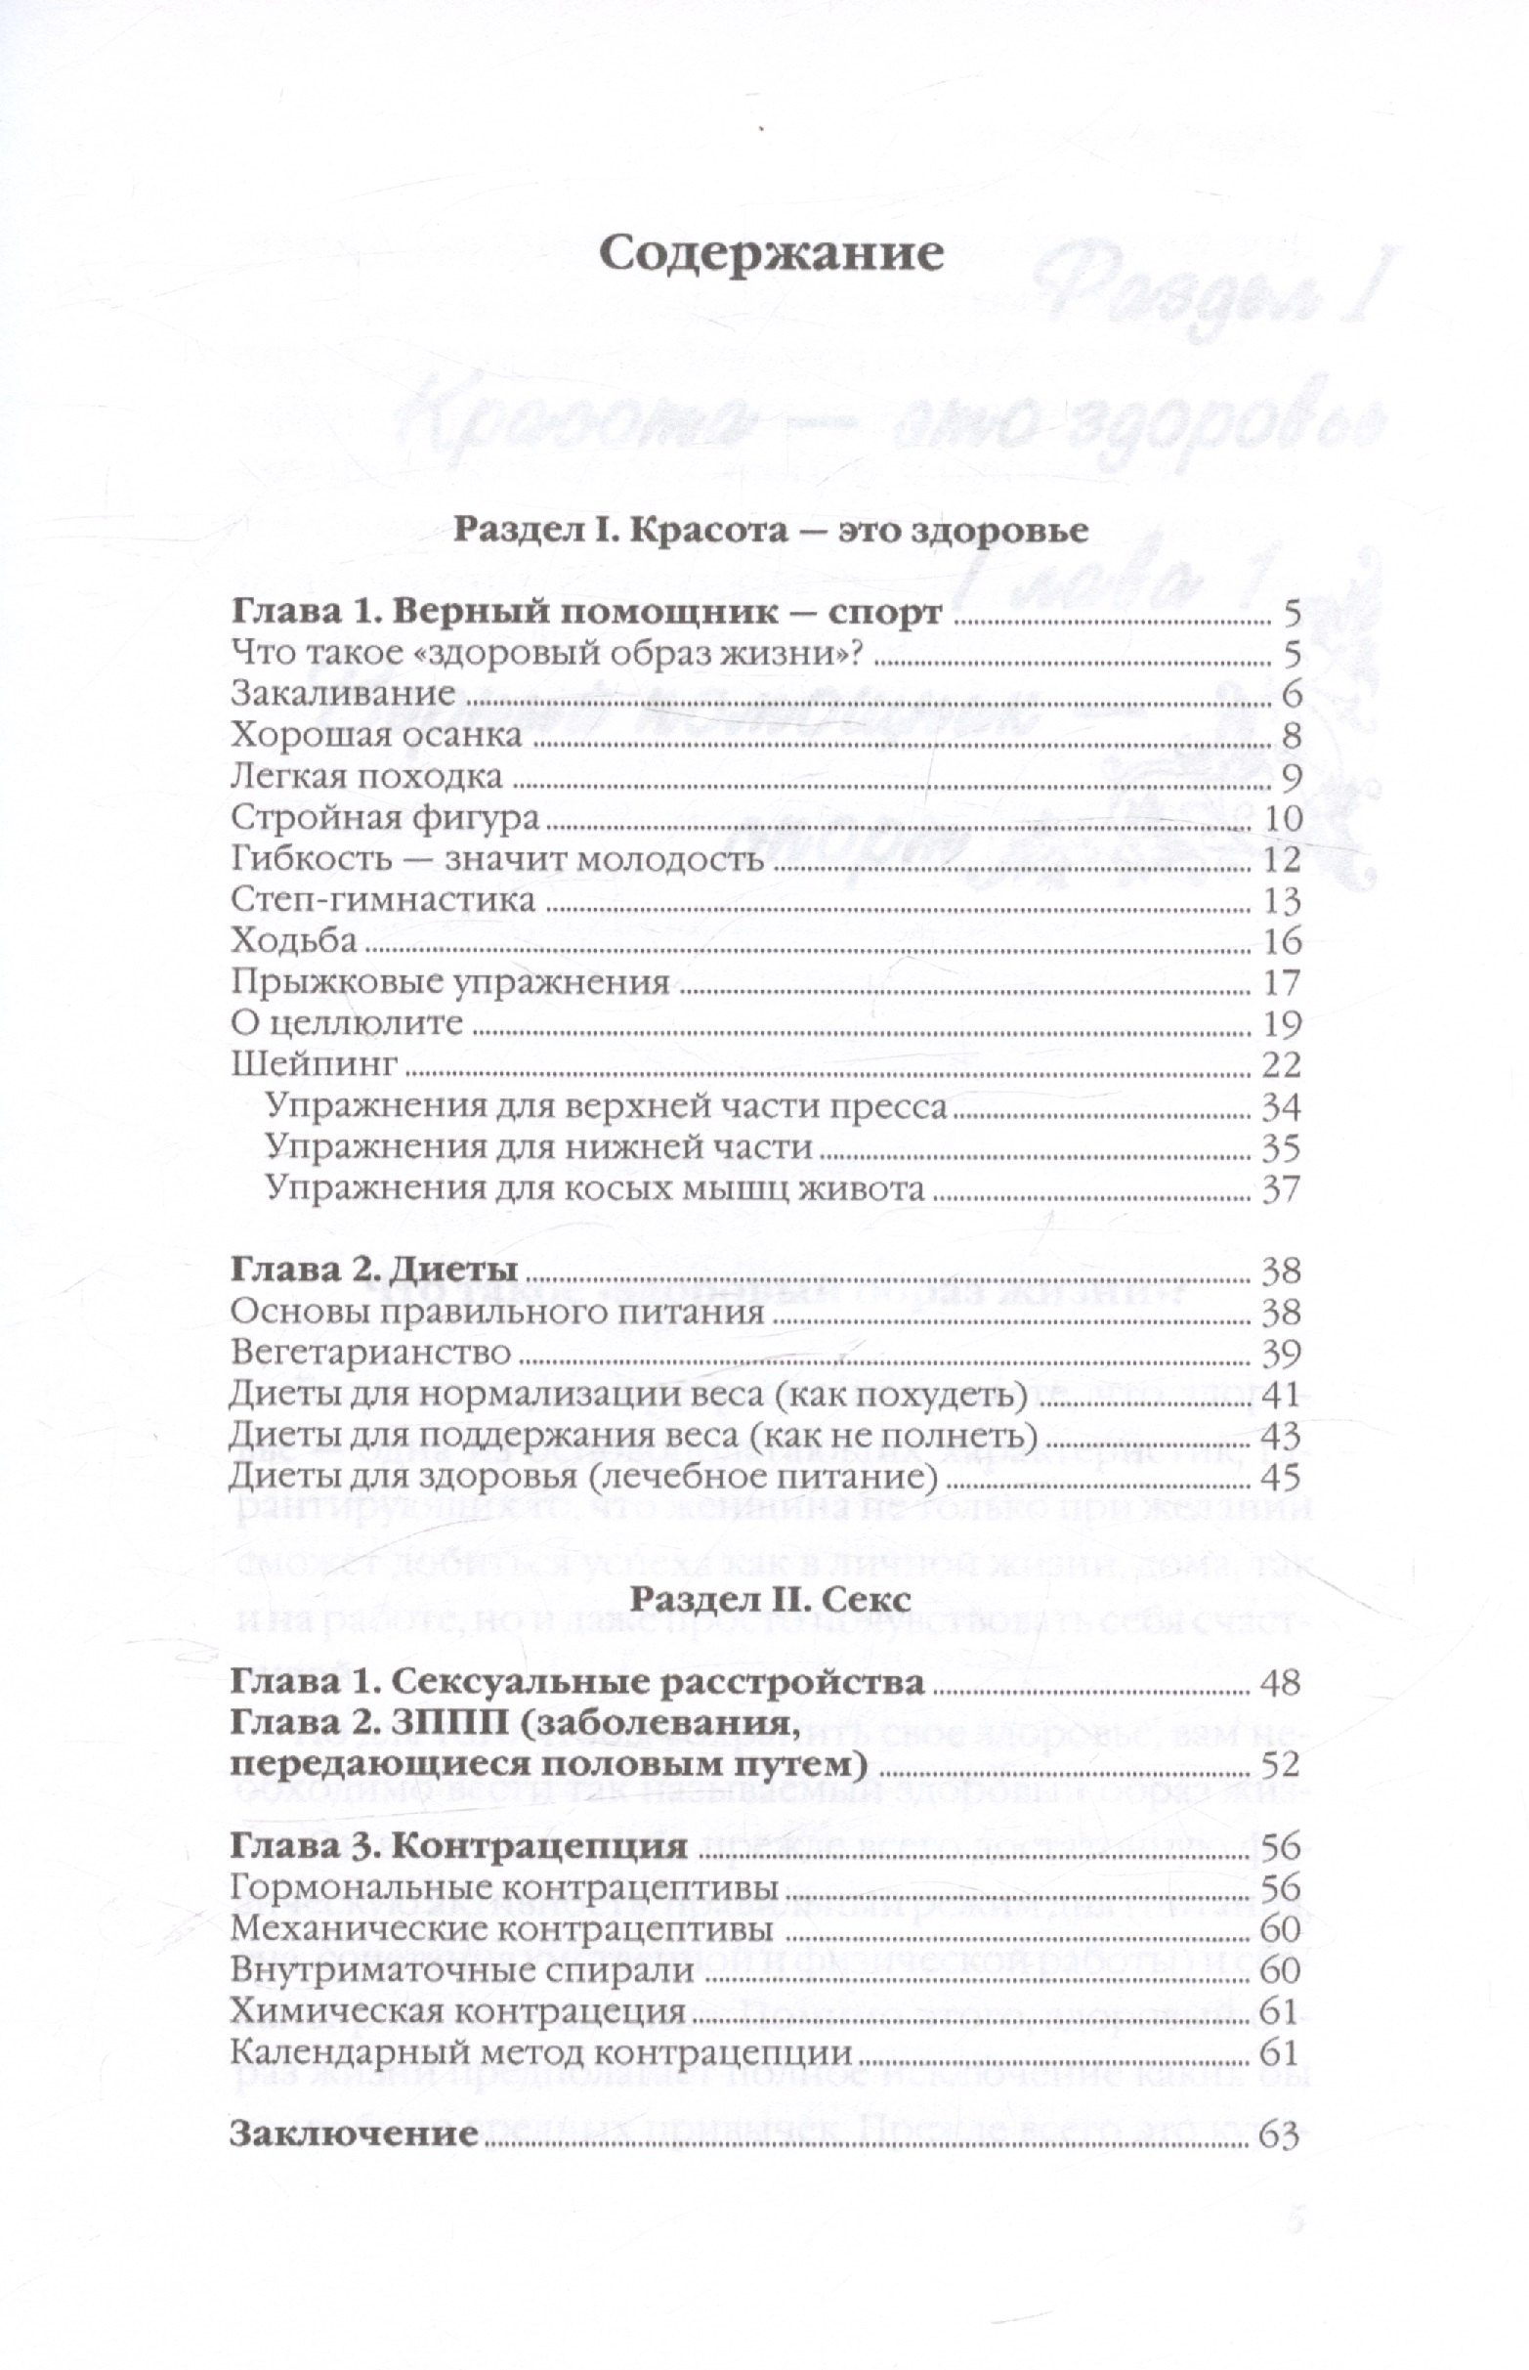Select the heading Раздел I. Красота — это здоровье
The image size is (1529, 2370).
point(771,529)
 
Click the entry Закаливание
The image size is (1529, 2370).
point(343,694)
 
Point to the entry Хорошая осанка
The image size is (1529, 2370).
point(375,736)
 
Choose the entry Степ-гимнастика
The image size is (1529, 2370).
point(383,900)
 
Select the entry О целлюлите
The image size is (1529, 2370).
point(347,1023)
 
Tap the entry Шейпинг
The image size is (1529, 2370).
point(314,1065)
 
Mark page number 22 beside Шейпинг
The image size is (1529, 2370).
point(1279,1065)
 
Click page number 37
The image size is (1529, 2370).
point(1279,1189)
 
